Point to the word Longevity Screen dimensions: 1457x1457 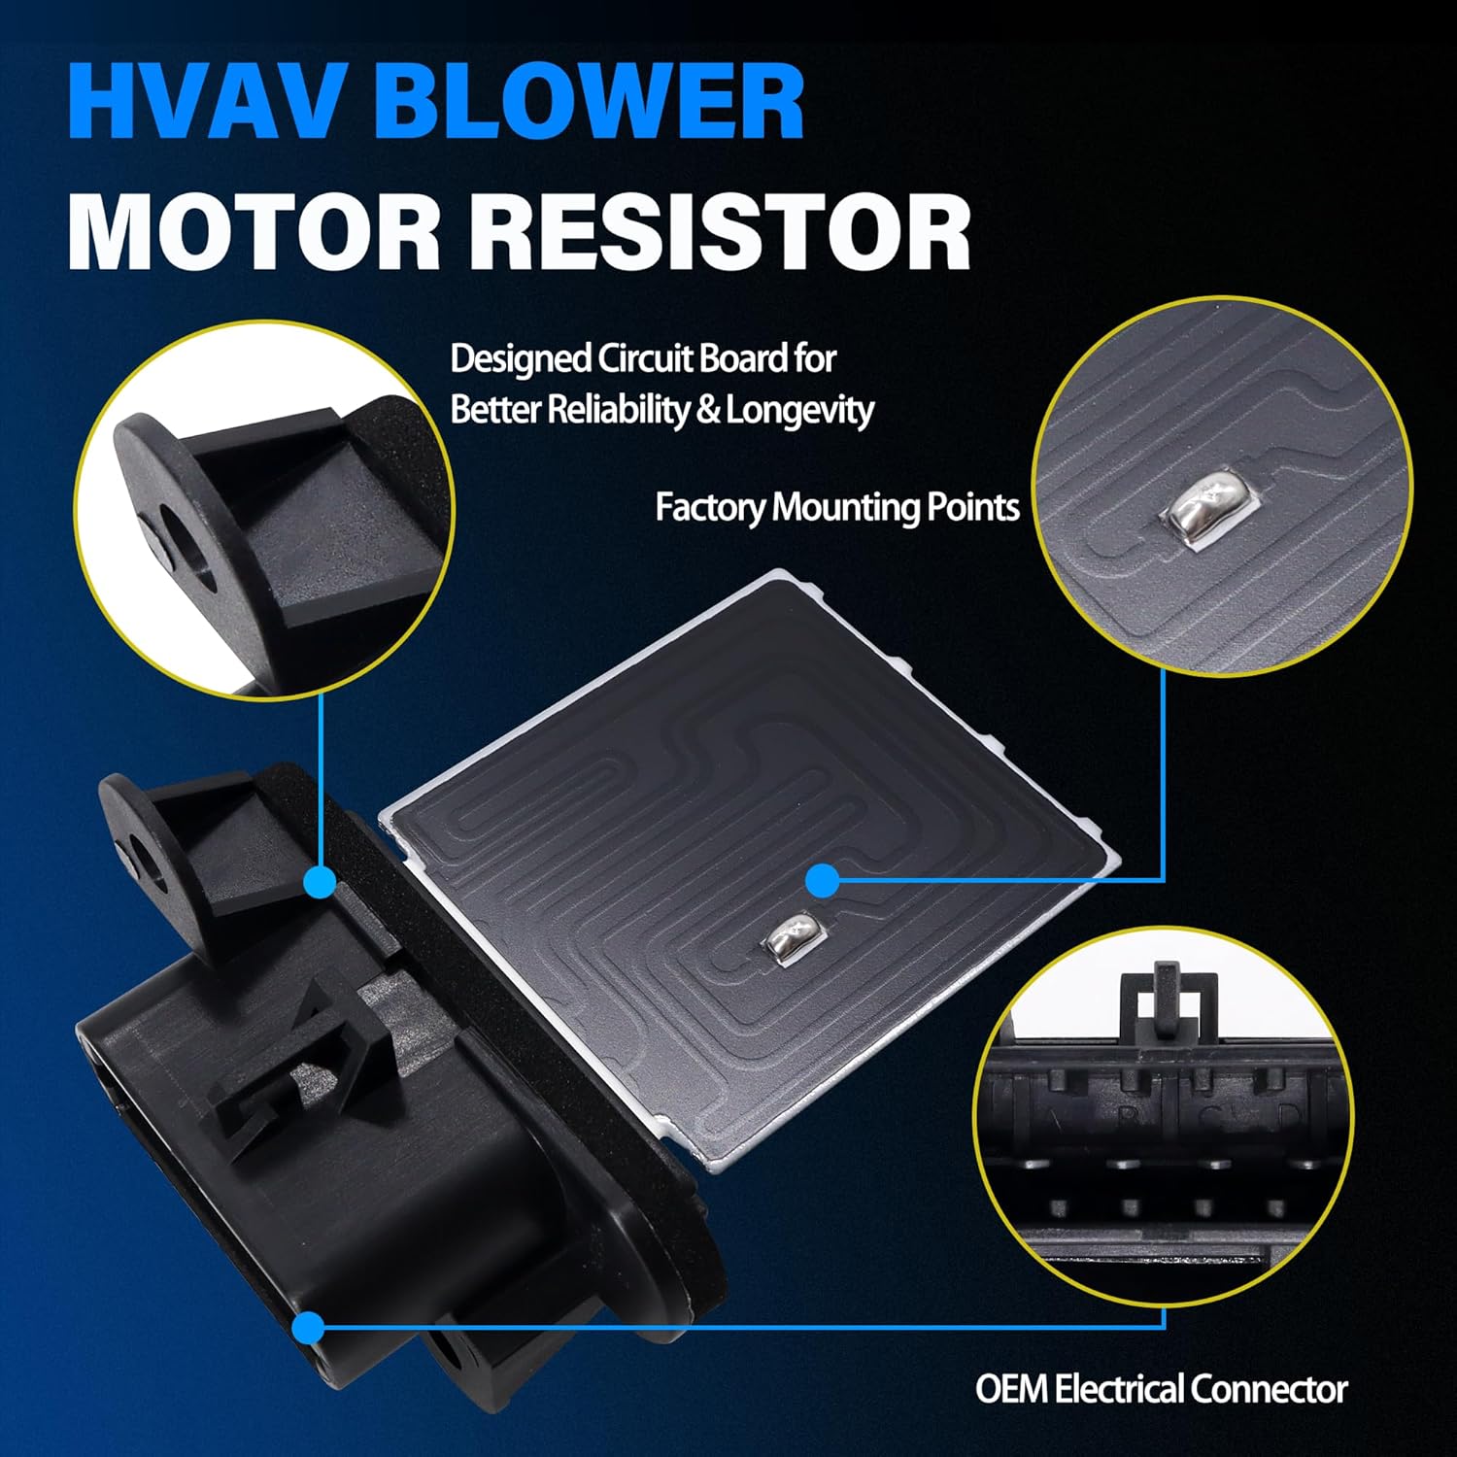click(x=799, y=410)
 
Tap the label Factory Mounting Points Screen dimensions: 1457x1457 click(x=837, y=507)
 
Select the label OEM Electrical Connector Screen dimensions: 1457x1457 click(x=1162, y=1389)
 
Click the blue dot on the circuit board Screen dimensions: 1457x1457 click(x=823, y=881)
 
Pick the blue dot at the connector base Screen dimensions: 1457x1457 click(x=309, y=1326)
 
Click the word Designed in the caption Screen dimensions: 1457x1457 click(x=521, y=359)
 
